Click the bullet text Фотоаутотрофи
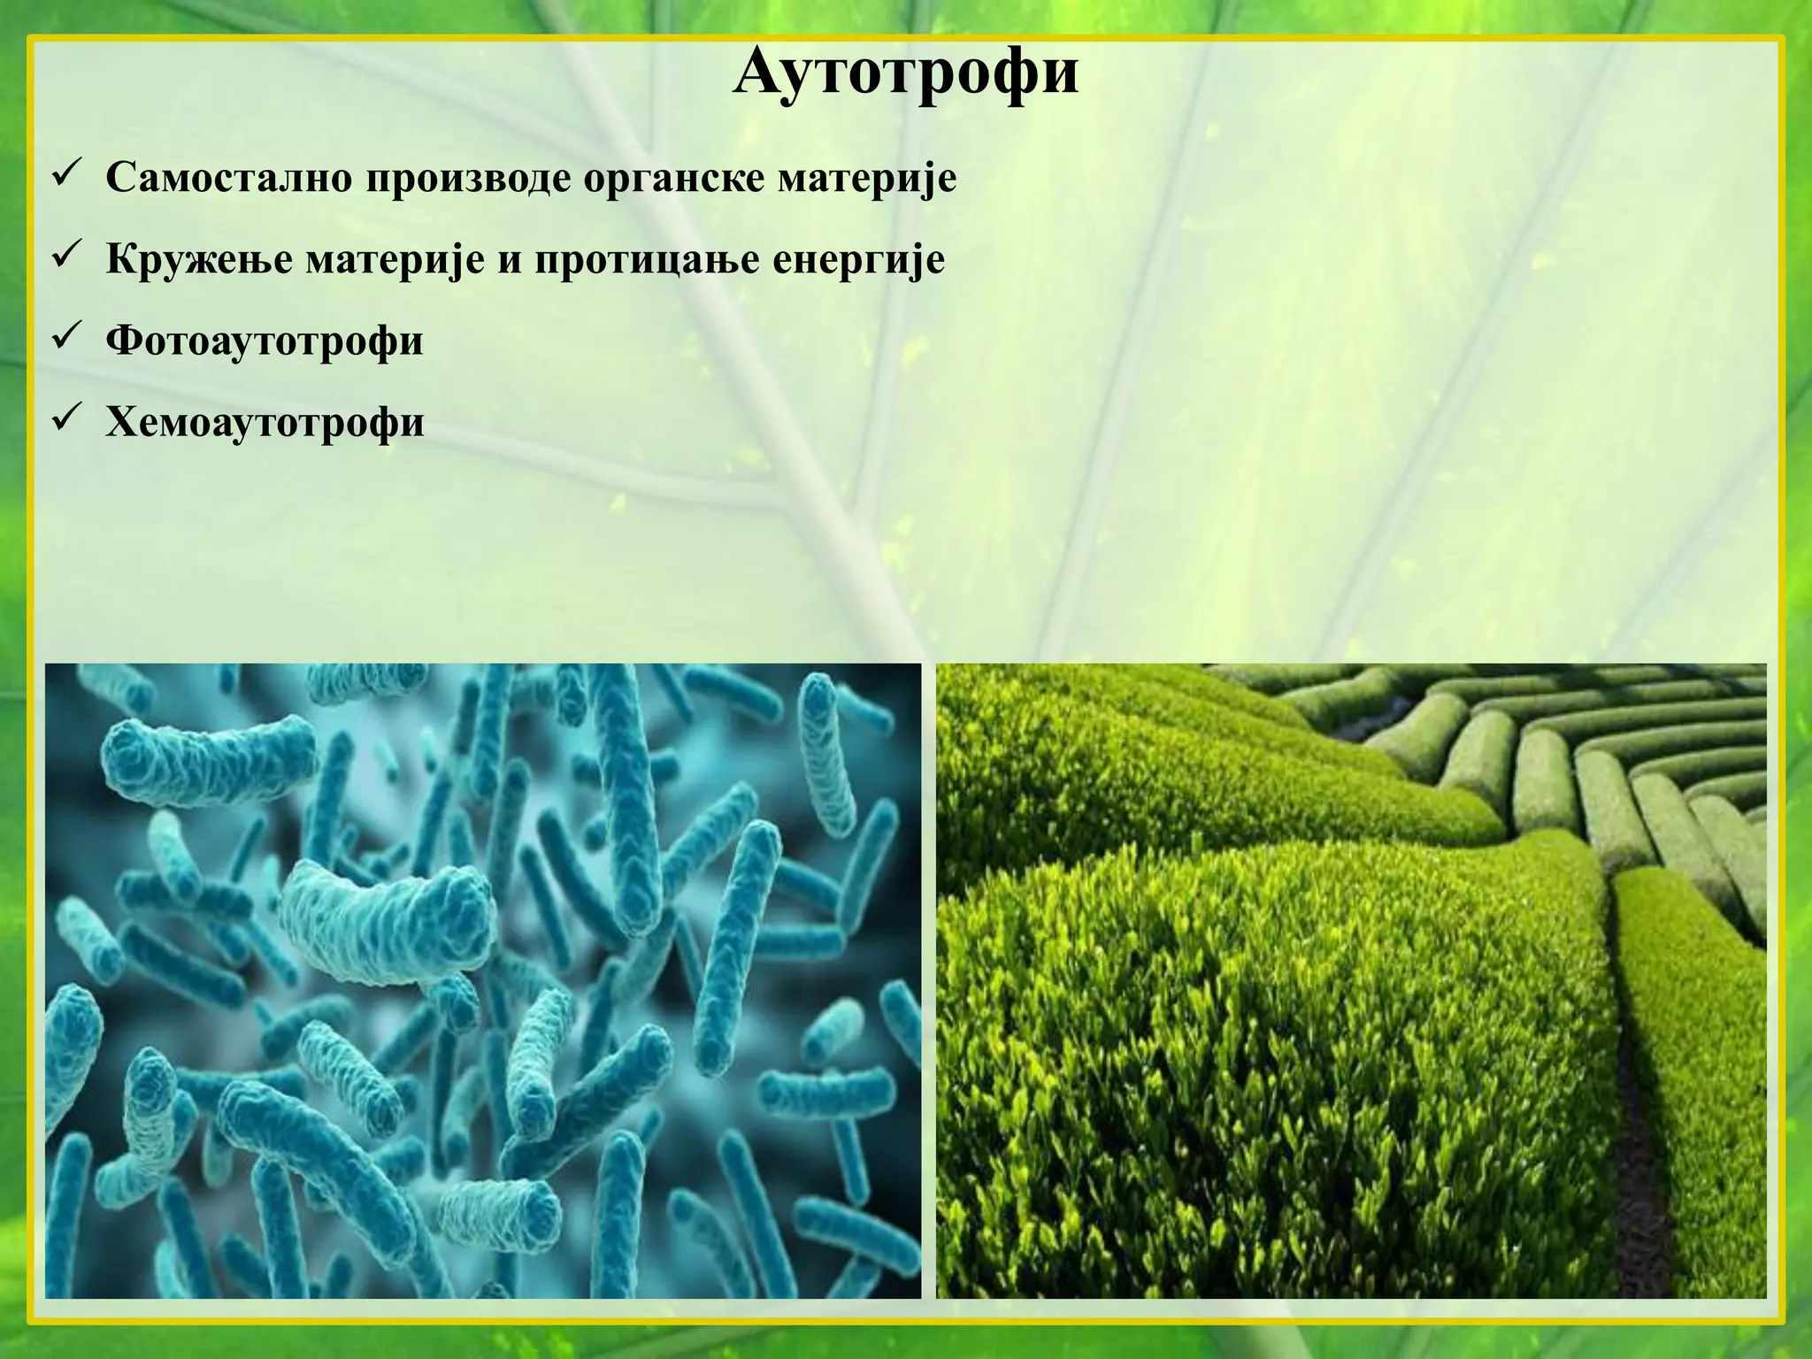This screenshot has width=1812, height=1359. (264, 342)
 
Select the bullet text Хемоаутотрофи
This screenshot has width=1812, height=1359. (264, 423)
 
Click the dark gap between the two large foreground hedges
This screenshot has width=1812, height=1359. (1637, 1106)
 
